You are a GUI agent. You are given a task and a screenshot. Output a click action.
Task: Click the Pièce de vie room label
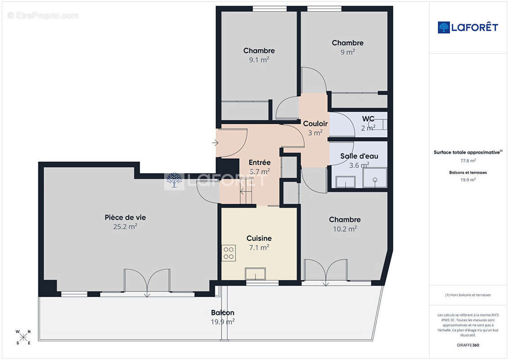tap(125, 217)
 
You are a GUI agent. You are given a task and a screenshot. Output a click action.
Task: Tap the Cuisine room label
tap(259, 238)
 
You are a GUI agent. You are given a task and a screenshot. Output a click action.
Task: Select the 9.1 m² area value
tap(259, 59)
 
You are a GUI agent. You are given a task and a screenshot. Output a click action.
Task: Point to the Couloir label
tap(315, 124)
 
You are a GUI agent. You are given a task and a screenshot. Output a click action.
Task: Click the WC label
tap(369, 119)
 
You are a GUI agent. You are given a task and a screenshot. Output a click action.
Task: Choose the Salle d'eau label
tap(359, 156)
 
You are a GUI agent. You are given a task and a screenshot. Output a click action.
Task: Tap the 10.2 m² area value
tap(345, 229)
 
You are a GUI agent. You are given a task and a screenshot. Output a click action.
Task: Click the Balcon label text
tap(222, 313)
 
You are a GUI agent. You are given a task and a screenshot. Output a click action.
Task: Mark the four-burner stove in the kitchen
tap(229, 252)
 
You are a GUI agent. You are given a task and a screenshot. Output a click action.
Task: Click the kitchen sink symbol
tap(255, 274)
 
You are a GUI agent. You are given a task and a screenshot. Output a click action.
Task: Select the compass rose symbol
tap(23, 337)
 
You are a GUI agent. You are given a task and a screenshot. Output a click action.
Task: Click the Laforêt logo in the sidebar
tap(468, 27)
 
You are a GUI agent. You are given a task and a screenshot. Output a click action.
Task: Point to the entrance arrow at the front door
tap(215, 143)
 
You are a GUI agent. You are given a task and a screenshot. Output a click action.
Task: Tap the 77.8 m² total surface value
tap(468, 160)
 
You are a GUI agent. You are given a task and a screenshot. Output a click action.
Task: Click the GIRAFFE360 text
tap(468, 345)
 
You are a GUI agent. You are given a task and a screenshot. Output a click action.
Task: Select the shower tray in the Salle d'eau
tap(375, 178)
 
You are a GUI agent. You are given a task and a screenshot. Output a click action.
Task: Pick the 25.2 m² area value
tap(125, 227)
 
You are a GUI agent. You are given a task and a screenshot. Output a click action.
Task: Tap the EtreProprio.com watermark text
tap(43, 16)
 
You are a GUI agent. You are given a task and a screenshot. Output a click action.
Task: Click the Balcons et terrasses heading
tap(468, 172)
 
